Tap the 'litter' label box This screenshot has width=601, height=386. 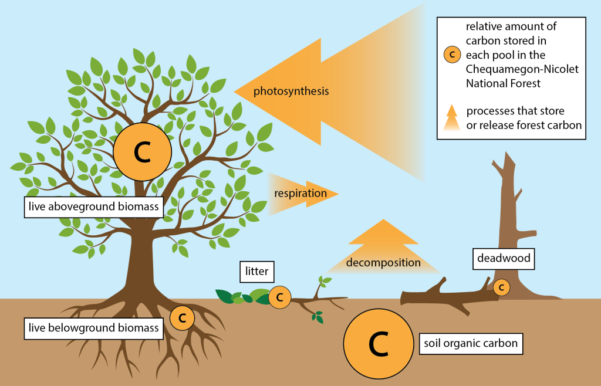point(257,272)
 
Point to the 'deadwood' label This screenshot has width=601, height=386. point(503,259)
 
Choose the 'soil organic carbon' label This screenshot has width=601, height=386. point(470,343)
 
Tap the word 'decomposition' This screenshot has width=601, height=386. point(383,262)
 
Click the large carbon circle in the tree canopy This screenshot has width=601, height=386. point(142,152)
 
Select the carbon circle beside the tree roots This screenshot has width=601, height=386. point(182,318)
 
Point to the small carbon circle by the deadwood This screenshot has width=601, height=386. point(501,287)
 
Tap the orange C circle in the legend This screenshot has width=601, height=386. point(451,55)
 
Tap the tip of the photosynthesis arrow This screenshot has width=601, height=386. point(236,92)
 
